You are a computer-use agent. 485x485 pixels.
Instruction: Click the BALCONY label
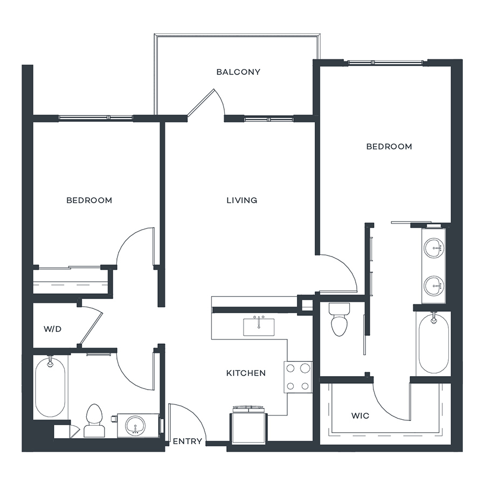(x=238, y=72)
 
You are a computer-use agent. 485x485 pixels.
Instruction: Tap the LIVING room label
(x=242, y=200)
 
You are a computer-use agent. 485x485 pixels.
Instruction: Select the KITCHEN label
(x=246, y=373)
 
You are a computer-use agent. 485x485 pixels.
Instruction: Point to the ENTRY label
(x=188, y=441)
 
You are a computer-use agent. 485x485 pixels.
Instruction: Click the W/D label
(x=53, y=329)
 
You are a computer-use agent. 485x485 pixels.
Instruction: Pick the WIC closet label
(x=360, y=415)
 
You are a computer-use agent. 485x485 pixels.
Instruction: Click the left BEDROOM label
(x=89, y=200)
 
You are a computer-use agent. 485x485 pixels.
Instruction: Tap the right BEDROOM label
(x=389, y=147)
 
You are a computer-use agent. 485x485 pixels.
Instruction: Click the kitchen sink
(x=259, y=327)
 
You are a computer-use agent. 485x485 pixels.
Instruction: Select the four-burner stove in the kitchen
(x=298, y=377)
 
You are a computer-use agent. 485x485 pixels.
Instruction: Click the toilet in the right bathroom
(x=339, y=320)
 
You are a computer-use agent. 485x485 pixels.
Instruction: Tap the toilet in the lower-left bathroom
(x=94, y=421)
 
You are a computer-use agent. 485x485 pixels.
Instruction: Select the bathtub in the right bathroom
(x=434, y=344)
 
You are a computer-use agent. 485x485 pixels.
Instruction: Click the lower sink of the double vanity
(x=434, y=286)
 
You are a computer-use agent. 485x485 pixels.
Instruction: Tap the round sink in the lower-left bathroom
(x=135, y=426)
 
